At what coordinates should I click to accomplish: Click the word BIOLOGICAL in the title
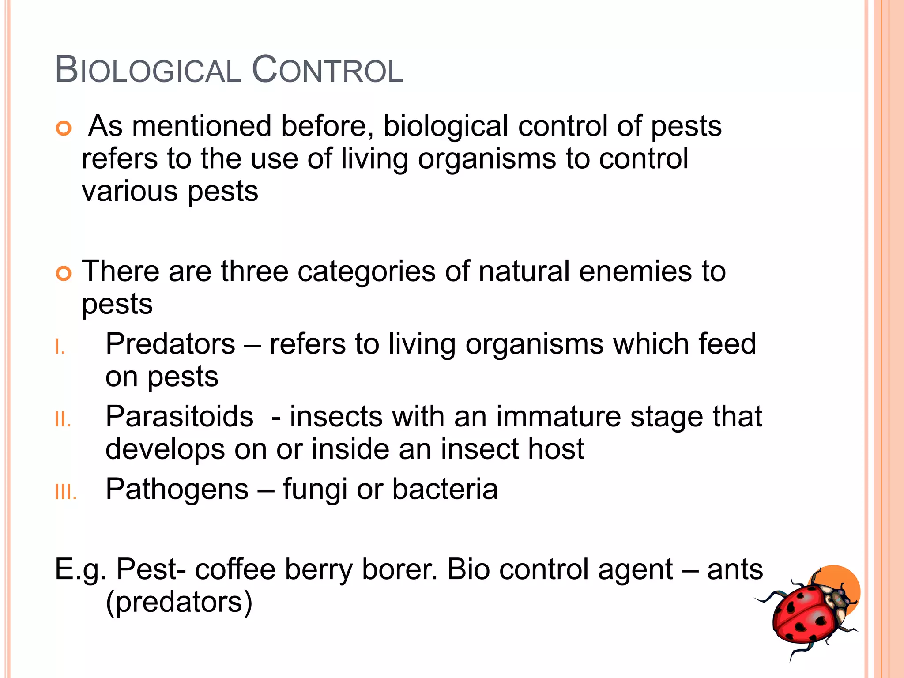tap(148, 70)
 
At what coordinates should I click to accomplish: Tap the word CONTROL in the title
tap(327, 70)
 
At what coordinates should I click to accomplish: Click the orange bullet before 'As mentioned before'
tap(64, 128)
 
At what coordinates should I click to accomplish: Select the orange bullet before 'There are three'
tap(64, 274)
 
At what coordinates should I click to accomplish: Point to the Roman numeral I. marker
tap(60, 347)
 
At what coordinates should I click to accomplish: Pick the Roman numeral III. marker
tap(66, 492)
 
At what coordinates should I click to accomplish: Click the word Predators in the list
tap(170, 343)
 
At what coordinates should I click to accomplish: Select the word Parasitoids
tap(180, 416)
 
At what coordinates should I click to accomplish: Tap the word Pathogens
tap(177, 489)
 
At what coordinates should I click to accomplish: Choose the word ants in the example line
tap(735, 569)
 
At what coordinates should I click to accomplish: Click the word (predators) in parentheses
tap(179, 602)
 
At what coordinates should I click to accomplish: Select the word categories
tap(366, 271)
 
